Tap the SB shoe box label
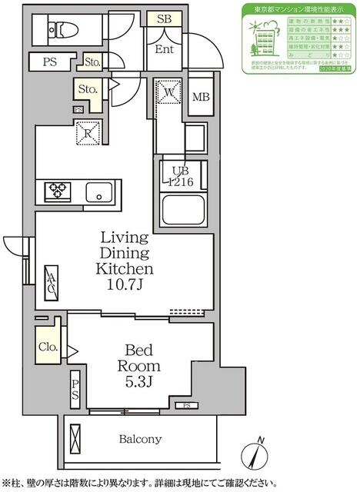[x=164, y=19]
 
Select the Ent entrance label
[x=164, y=50]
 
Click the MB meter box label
[x=200, y=97]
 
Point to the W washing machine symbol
[x=168, y=92]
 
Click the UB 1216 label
[x=177, y=177]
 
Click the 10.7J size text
[x=124, y=286]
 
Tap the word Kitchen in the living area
[x=124, y=269]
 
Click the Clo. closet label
[x=48, y=347]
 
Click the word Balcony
[x=139, y=440]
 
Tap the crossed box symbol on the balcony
[x=75, y=440]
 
